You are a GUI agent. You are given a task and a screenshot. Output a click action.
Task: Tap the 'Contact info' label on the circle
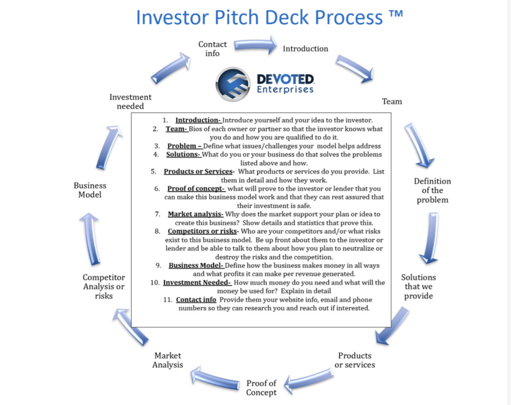point(213,49)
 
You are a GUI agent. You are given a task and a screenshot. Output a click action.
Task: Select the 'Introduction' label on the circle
point(306,49)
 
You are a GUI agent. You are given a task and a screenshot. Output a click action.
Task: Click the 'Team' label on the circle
point(392,102)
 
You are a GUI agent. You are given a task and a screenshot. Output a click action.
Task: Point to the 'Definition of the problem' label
point(432,191)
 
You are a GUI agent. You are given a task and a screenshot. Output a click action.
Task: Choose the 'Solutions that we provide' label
point(418,287)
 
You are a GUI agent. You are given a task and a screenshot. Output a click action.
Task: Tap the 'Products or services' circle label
point(355,360)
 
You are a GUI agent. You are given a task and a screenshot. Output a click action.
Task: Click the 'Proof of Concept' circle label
point(261,388)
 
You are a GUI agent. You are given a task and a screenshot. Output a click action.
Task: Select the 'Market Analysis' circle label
point(168,360)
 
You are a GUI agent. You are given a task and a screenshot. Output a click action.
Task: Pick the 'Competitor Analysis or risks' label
point(104,287)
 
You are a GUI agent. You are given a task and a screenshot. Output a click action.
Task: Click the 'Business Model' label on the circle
point(90,190)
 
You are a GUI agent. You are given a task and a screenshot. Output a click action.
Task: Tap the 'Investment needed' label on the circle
point(130,102)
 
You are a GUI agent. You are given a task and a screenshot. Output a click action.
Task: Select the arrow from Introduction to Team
point(354,68)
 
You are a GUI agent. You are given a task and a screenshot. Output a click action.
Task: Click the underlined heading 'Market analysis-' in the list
point(196,214)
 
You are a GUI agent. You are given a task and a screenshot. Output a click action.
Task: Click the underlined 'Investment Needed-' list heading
point(197,283)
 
